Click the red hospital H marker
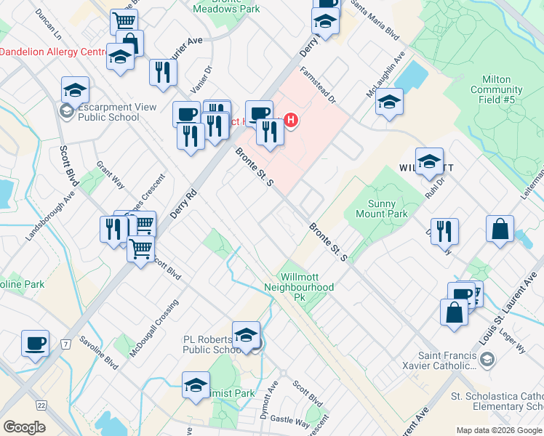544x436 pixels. tap(291, 120)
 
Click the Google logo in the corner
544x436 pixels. tap(25, 427)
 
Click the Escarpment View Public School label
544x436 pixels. tap(109, 112)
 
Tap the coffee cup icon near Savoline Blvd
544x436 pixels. tap(35, 342)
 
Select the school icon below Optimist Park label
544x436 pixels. tap(196, 384)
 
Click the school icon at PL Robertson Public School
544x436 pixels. tap(247, 335)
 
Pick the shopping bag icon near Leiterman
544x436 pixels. tap(500, 229)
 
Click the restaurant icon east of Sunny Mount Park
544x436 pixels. tap(444, 231)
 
